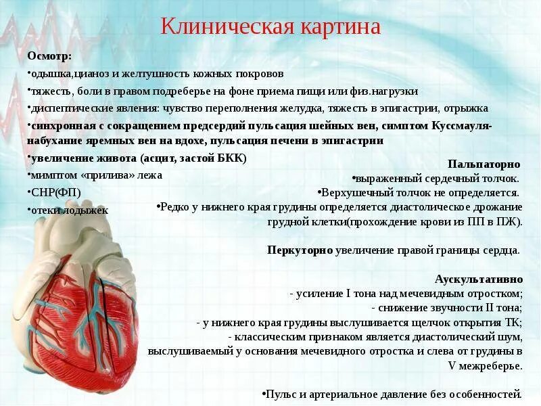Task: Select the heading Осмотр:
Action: click(49, 55)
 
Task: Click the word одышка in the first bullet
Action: click(51, 73)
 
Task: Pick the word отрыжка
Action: click(467, 108)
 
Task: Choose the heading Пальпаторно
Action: click(484, 164)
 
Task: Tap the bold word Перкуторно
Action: click(300, 250)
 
